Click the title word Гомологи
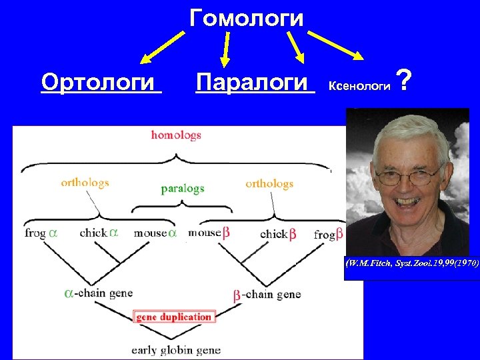[x=247, y=18]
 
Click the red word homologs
[x=176, y=135]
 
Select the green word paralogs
[x=183, y=188]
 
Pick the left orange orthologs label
[x=85, y=182]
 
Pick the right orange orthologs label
[x=269, y=183]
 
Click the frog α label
[x=41, y=233]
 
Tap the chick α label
[x=99, y=233]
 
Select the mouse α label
[x=155, y=233]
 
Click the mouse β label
[x=209, y=233]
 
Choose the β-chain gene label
[x=267, y=295]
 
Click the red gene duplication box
[x=174, y=317]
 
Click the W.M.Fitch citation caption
[x=412, y=263]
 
